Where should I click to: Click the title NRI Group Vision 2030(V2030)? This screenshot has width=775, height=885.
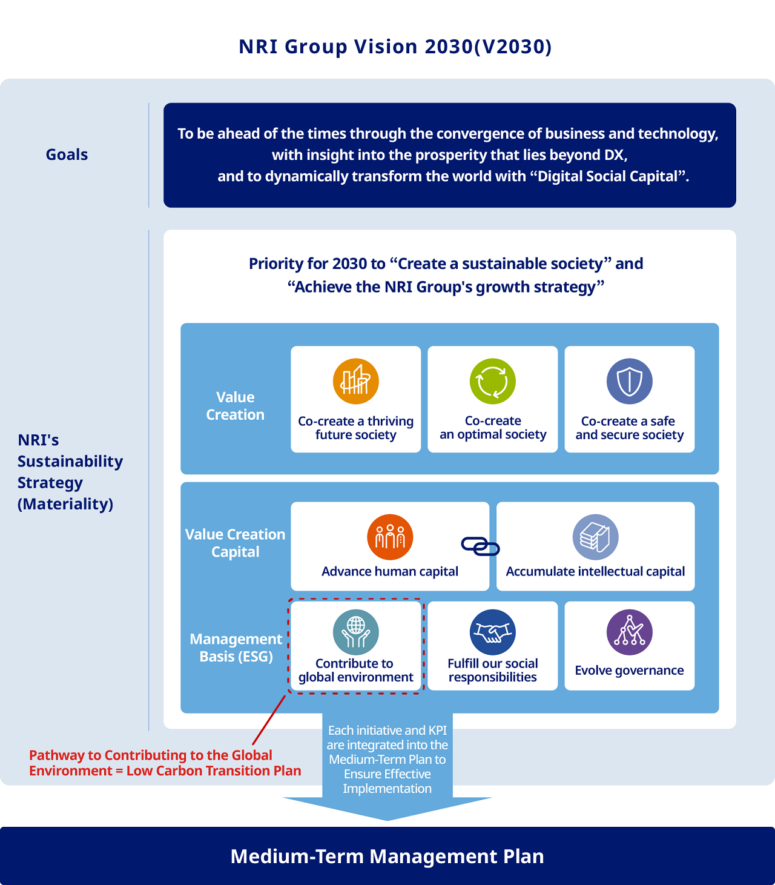395,47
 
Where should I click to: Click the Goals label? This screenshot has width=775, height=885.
67,154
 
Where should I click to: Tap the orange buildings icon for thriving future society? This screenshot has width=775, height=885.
356,381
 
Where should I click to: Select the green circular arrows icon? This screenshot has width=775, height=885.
493,381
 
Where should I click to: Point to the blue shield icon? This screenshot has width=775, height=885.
630,381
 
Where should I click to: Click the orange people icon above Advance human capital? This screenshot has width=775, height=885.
390,537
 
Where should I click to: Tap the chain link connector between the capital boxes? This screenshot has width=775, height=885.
481,546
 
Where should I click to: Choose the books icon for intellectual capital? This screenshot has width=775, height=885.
596,537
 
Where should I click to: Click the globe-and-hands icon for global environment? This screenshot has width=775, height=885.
356,632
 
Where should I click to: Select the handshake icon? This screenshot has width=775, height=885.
493,632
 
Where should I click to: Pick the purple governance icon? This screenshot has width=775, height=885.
630,632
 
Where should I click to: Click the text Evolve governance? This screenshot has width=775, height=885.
629,670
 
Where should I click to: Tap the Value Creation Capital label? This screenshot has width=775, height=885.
235,543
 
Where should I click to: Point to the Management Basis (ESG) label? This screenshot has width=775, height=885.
236,648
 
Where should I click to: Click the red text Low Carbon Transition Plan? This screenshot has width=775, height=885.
214,771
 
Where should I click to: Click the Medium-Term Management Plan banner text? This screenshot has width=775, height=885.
387,856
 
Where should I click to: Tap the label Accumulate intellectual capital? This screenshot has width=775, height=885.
595,571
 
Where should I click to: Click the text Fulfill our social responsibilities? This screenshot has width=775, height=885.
493,670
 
